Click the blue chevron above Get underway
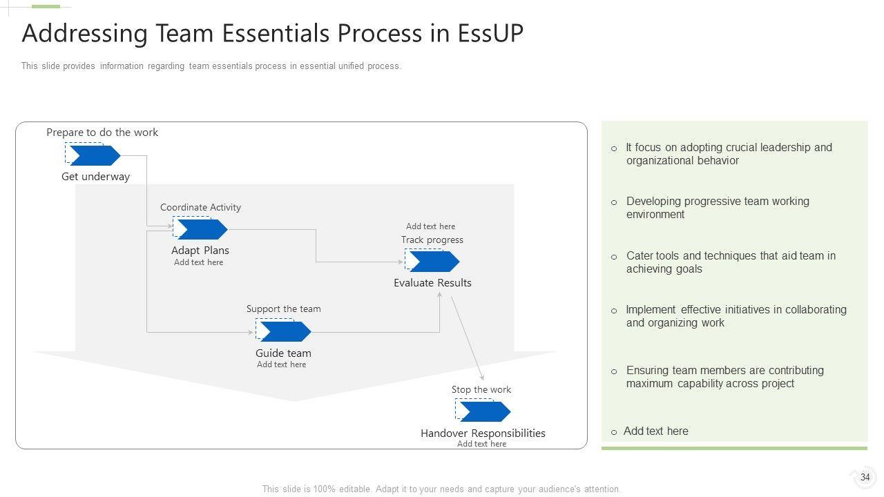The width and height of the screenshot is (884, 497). (94, 156)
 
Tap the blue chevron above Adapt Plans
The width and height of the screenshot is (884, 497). (202, 229)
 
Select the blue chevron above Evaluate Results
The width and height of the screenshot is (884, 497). (433, 262)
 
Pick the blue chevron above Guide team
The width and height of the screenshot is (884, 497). (285, 332)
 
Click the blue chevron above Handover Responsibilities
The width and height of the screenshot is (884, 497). (484, 412)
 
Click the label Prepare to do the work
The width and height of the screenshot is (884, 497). (102, 133)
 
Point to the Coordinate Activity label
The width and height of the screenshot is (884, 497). (200, 207)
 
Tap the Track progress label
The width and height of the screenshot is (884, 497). (432, 240)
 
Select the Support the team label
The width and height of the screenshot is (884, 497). (283, 309)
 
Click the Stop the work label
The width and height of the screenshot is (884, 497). (481, 390)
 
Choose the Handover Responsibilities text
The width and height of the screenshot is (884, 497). (483, 433)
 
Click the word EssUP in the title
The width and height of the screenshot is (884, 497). (490, 34)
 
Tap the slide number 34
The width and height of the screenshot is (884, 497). (865, 477)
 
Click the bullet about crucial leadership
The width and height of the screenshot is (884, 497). (729, 154)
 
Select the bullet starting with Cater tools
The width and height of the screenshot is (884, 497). (731, 262)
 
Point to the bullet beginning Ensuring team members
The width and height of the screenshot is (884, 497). (724, 377)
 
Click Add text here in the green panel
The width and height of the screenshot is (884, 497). (655, 431)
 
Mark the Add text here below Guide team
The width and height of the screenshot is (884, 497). (281, 364)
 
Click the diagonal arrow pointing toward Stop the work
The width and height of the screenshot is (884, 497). (468, 338)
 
